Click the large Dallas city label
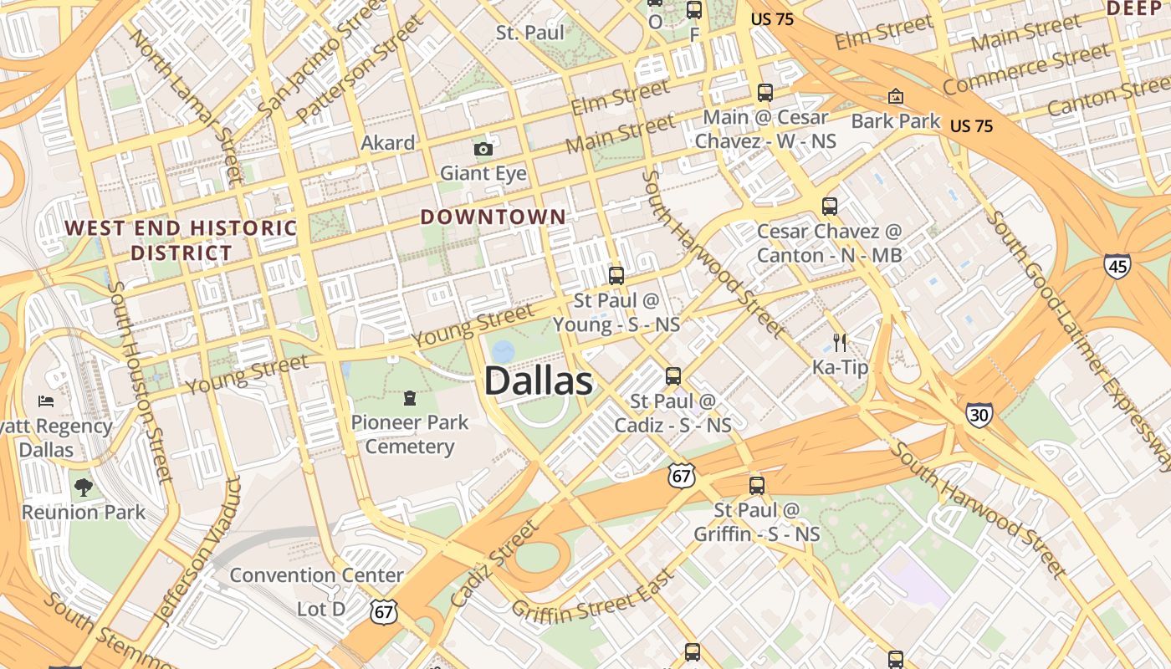point(539,381)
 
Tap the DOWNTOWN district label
point(493,217)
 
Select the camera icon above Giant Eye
point(483,150)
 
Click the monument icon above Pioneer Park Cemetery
point(410,397)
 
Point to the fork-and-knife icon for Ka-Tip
point(841,342)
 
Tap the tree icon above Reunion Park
point(83,488)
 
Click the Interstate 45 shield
point(1117,266)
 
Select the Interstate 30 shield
point(979,415)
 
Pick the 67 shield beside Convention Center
point(383,611)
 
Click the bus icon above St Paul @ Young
point(616,275)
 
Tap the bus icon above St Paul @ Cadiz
point(673,376)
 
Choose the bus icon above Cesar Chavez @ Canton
point(830,206)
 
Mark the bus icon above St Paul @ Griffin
point(757,485)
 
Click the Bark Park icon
point(896,97)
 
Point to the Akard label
point(387,143)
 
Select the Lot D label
point(321,609)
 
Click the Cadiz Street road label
point(493,564)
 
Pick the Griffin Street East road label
point(592,596)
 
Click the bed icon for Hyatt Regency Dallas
point(46,401)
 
